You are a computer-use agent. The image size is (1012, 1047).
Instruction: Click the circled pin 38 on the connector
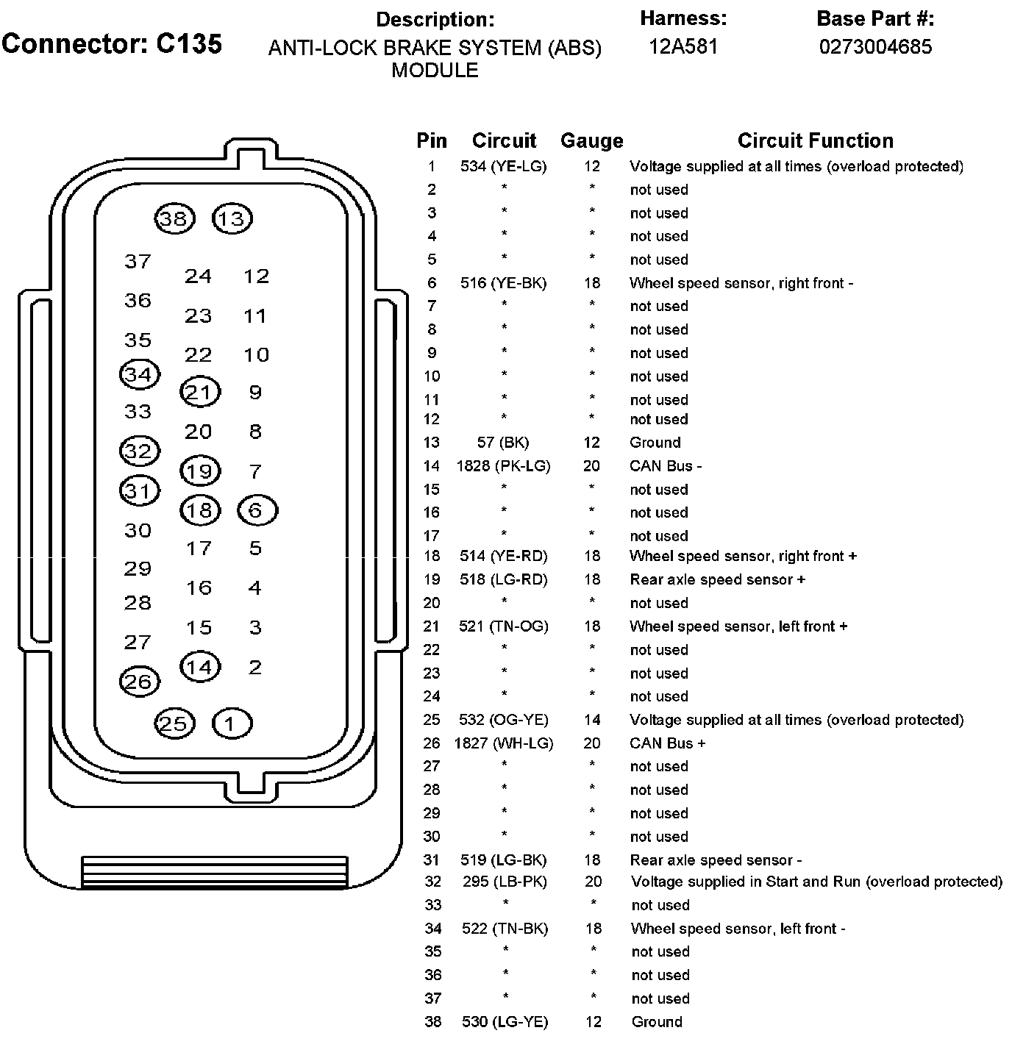pos(175,218)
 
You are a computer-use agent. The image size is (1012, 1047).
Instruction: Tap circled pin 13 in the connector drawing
pos(232,218)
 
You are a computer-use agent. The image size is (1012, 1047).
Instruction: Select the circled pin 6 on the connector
pos(257,510)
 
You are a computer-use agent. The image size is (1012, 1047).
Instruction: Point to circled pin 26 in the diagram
pos(139,682)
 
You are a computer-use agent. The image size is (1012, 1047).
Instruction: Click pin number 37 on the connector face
pos(138,261)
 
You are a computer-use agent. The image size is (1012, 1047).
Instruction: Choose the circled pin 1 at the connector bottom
pos(232,724)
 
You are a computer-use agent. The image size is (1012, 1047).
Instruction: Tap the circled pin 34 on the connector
pos(139,374)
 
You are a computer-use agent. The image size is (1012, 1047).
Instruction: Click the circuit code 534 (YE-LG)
pos(504,167)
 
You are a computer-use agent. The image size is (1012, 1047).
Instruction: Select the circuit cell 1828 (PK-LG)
pos(504,466)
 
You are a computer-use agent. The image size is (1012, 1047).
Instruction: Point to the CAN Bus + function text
pos(668,743)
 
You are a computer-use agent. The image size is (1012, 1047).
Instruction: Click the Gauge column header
pos(591,140)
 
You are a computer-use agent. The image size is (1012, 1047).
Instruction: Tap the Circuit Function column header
pos(816,140)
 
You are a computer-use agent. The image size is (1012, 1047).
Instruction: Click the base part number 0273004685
pos(876,47)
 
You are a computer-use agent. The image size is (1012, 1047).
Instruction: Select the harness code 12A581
pos(683,47)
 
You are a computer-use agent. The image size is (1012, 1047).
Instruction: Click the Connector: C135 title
pos(112,44)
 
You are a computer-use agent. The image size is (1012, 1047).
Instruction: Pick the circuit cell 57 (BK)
pos(503,443)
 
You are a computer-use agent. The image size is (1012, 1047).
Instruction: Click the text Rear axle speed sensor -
pos(716,860)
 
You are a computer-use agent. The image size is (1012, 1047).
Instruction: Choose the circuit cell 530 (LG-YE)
pos(505,1022)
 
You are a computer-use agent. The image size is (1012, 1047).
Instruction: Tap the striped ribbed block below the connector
pos(214,872)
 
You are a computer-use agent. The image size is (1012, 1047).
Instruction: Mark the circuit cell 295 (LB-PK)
pos(505,882)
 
